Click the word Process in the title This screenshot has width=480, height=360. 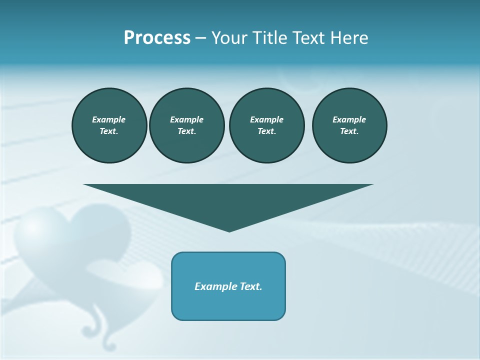(x=157, y=38)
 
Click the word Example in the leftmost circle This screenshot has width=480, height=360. (x=109, y=119)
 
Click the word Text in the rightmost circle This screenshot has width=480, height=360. (x=349, y=131)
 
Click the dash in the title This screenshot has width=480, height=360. (x=200, y=38)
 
